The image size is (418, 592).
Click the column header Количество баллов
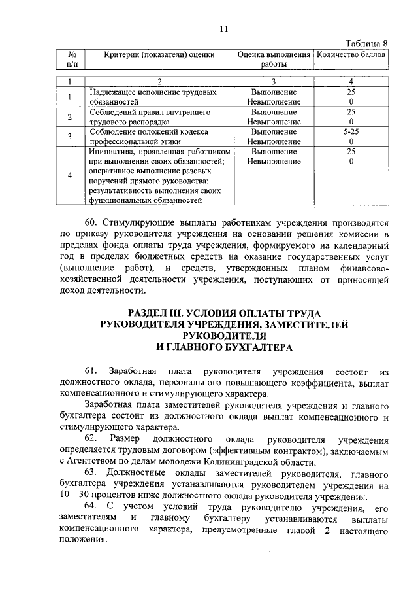pyautogui.click(x=351, y=54)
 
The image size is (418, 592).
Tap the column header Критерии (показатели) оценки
pyautogui.click(x=160, y=54)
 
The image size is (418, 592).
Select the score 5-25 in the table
pyautogui.click(x=351, y=132)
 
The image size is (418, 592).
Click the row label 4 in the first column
pyautogui.click(x=70, y=175)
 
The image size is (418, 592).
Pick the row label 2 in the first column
pyautogui.click(x=70, y=117)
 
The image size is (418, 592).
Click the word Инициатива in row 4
pyautogui.click(x=110, y=152)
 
